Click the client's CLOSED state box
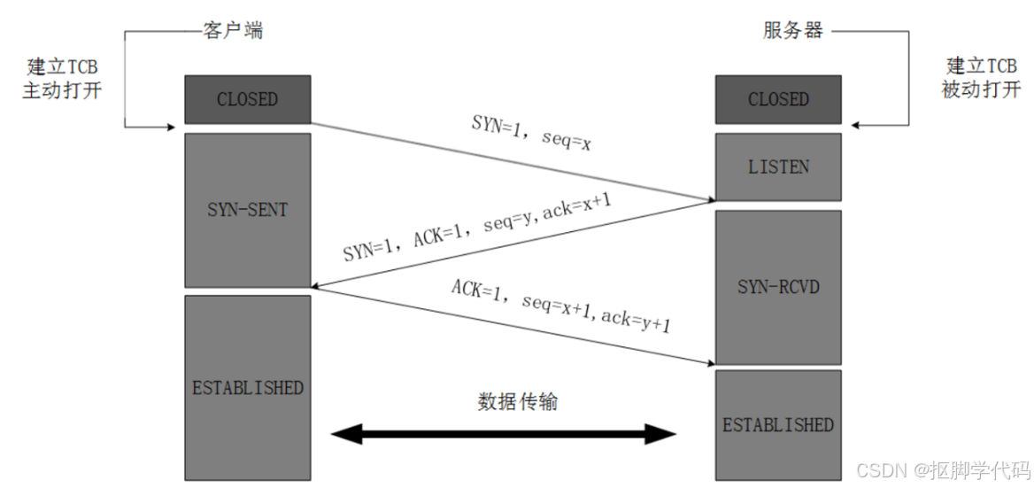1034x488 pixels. pyautogui.click(x=247, y=99)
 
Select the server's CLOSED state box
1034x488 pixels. pyautogui.click(x=778, y=99)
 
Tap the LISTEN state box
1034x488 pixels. pyautogui.click(x=778, y=167)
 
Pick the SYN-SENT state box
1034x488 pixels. pyautogui.click(x=247, y=210)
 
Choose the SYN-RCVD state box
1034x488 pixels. pyautogui.click(x=778, y=287)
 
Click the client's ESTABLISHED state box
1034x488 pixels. pyautogui.click(x=247, y=388)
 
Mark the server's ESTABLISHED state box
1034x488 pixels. pyautogui.click(x=778, y=424)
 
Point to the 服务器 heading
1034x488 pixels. pyautogui.click(x=793, y=30)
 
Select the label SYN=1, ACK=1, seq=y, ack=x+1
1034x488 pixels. pyautogui.click(x=477, y=227)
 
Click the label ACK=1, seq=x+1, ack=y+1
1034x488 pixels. pyautogui.click(x=561, y=306)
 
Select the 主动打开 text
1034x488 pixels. pyautogui.click(x=62, y=90)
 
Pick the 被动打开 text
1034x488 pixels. pyautogui.click(x=982, y=89)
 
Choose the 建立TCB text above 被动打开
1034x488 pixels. pyautogui.click(x=982, y=66)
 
